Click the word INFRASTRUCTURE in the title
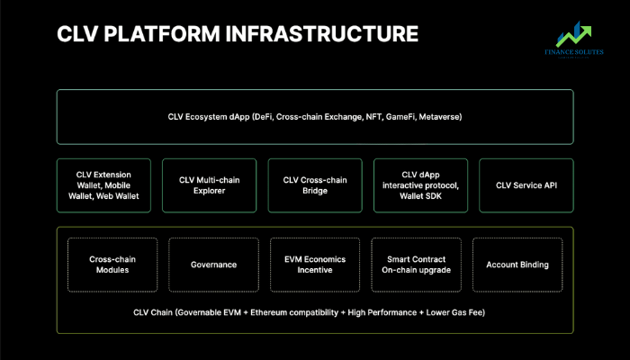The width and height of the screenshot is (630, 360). click(322, 34)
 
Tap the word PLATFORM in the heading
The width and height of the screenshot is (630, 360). click(162, 34)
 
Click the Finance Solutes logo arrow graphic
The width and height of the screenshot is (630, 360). click(574, 34)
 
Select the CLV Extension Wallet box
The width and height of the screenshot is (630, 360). click(103, 185)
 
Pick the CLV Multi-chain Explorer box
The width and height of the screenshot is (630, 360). click(210, 185)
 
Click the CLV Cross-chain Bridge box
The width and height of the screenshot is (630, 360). click(315, 185)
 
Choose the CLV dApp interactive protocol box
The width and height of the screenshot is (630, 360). click(420, 185)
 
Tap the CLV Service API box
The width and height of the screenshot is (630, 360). click(526, 185)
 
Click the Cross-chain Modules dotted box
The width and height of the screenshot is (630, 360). click(112, 265)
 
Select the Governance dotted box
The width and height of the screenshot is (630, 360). click(214, 265)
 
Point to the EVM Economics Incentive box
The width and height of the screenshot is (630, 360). click(315, 265)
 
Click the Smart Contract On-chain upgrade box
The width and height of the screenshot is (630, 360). click(416, 265)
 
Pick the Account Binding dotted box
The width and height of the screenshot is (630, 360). click(517, 265)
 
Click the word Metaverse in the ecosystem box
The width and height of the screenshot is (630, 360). click(439, 117)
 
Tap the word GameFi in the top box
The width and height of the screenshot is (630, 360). click(400, 117)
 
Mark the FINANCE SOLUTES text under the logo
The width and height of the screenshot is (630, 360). click(574, 52)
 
